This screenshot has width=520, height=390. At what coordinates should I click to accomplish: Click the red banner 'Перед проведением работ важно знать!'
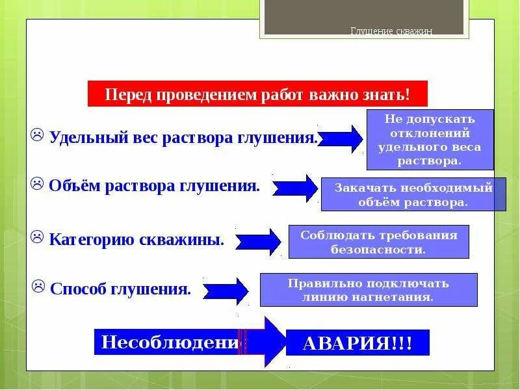(257, 94)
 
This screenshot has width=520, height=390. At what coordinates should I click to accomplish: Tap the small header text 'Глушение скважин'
(391, 32)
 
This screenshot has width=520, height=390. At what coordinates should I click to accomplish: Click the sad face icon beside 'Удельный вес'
(38, 136)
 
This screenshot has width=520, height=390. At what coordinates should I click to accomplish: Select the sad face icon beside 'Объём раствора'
(38, 184)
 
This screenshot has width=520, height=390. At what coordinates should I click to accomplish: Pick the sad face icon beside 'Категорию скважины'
(38, 236)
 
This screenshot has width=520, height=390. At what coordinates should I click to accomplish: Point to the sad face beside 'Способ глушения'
(39, 285)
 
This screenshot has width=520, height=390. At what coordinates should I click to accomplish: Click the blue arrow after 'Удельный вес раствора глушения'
(341, 138)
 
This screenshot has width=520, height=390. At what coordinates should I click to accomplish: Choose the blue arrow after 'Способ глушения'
(226, 291)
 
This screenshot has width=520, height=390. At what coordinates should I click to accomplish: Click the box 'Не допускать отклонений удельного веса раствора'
(430, 140)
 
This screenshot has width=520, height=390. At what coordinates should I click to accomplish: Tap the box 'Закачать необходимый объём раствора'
(413, 194)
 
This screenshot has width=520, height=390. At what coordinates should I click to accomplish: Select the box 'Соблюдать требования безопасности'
(378, 242)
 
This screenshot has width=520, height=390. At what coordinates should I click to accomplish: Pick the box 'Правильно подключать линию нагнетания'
(369, 290)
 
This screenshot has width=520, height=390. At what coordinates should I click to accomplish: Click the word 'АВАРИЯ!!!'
(357, 342)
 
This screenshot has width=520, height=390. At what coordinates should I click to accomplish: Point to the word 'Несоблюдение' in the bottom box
(168, 341)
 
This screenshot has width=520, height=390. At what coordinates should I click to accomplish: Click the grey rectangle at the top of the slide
(364, 17)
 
